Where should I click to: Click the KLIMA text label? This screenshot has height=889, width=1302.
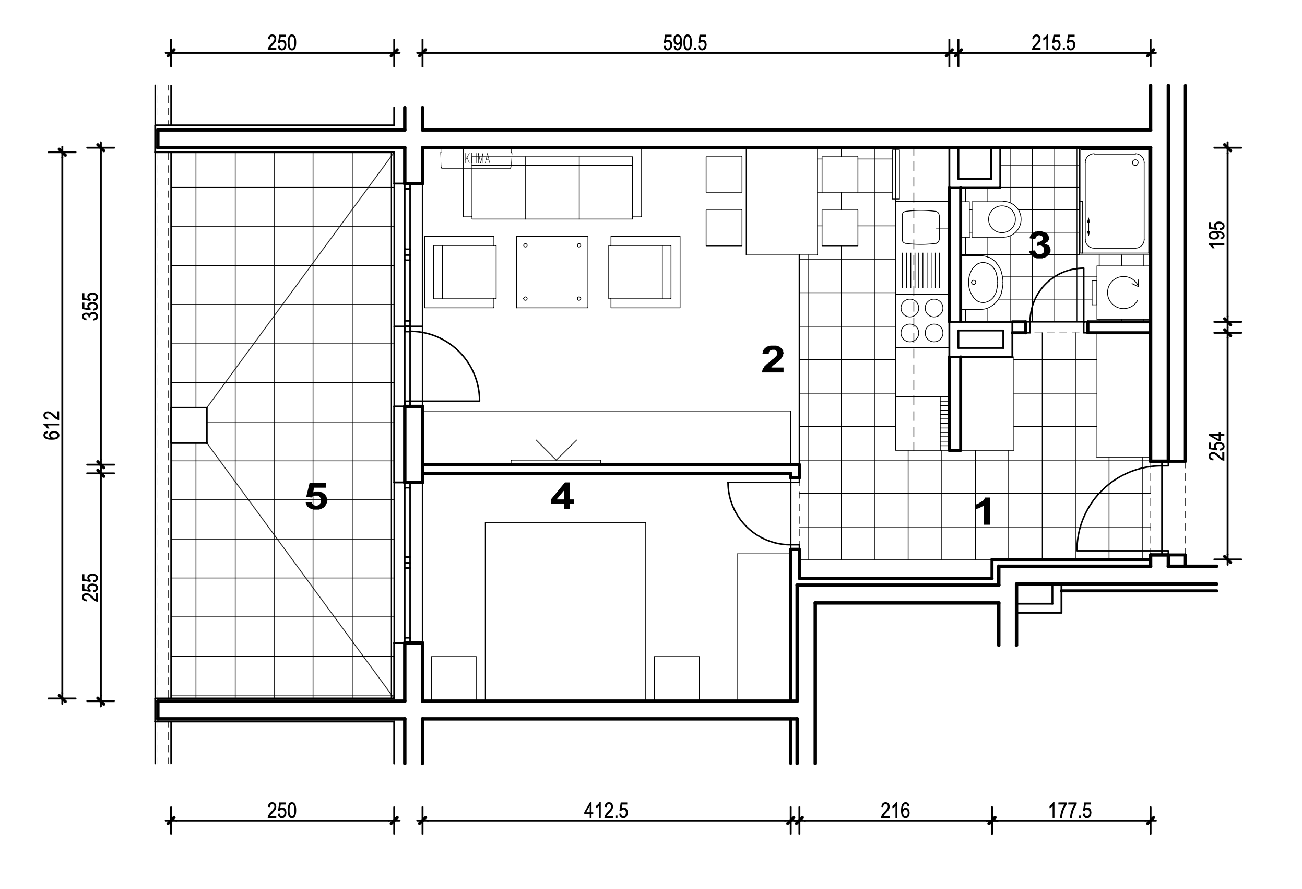tap(477, 159)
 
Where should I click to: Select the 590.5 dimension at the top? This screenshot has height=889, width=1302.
tap(684, 43)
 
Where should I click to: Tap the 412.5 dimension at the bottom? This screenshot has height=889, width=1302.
tap(606, 811)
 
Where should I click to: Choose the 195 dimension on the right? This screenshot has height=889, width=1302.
tap(1217, 235)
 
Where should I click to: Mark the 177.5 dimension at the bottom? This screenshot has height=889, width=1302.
tap(1070, 811)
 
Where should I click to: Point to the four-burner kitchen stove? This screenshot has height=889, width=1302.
tap(921, 321)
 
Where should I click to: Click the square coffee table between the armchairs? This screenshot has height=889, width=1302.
tap(552, 272)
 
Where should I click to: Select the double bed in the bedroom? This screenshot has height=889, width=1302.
tap(565, 611)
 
